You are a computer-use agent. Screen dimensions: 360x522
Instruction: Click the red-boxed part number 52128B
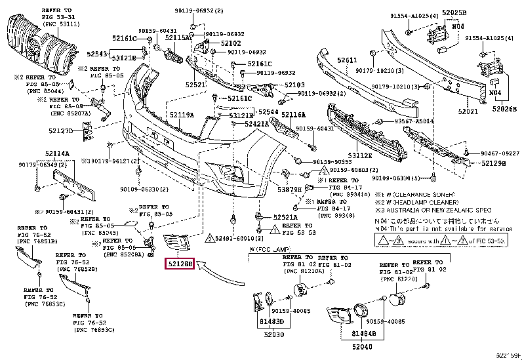click(178, 264)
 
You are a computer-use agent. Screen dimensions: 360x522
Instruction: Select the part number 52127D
click(61, 131)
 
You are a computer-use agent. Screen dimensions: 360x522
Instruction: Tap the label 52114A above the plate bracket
click(58, 154)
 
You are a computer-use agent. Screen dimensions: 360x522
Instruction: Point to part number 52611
click(348, 60)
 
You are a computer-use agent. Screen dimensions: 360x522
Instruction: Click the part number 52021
click(468, 111)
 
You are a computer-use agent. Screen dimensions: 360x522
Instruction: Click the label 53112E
click(360, 155)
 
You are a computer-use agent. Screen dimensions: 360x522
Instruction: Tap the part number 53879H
click(289, 190)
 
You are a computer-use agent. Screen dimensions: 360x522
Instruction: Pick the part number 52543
click(98, 54)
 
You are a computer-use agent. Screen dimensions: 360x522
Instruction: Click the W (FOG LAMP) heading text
click(270, 250)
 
